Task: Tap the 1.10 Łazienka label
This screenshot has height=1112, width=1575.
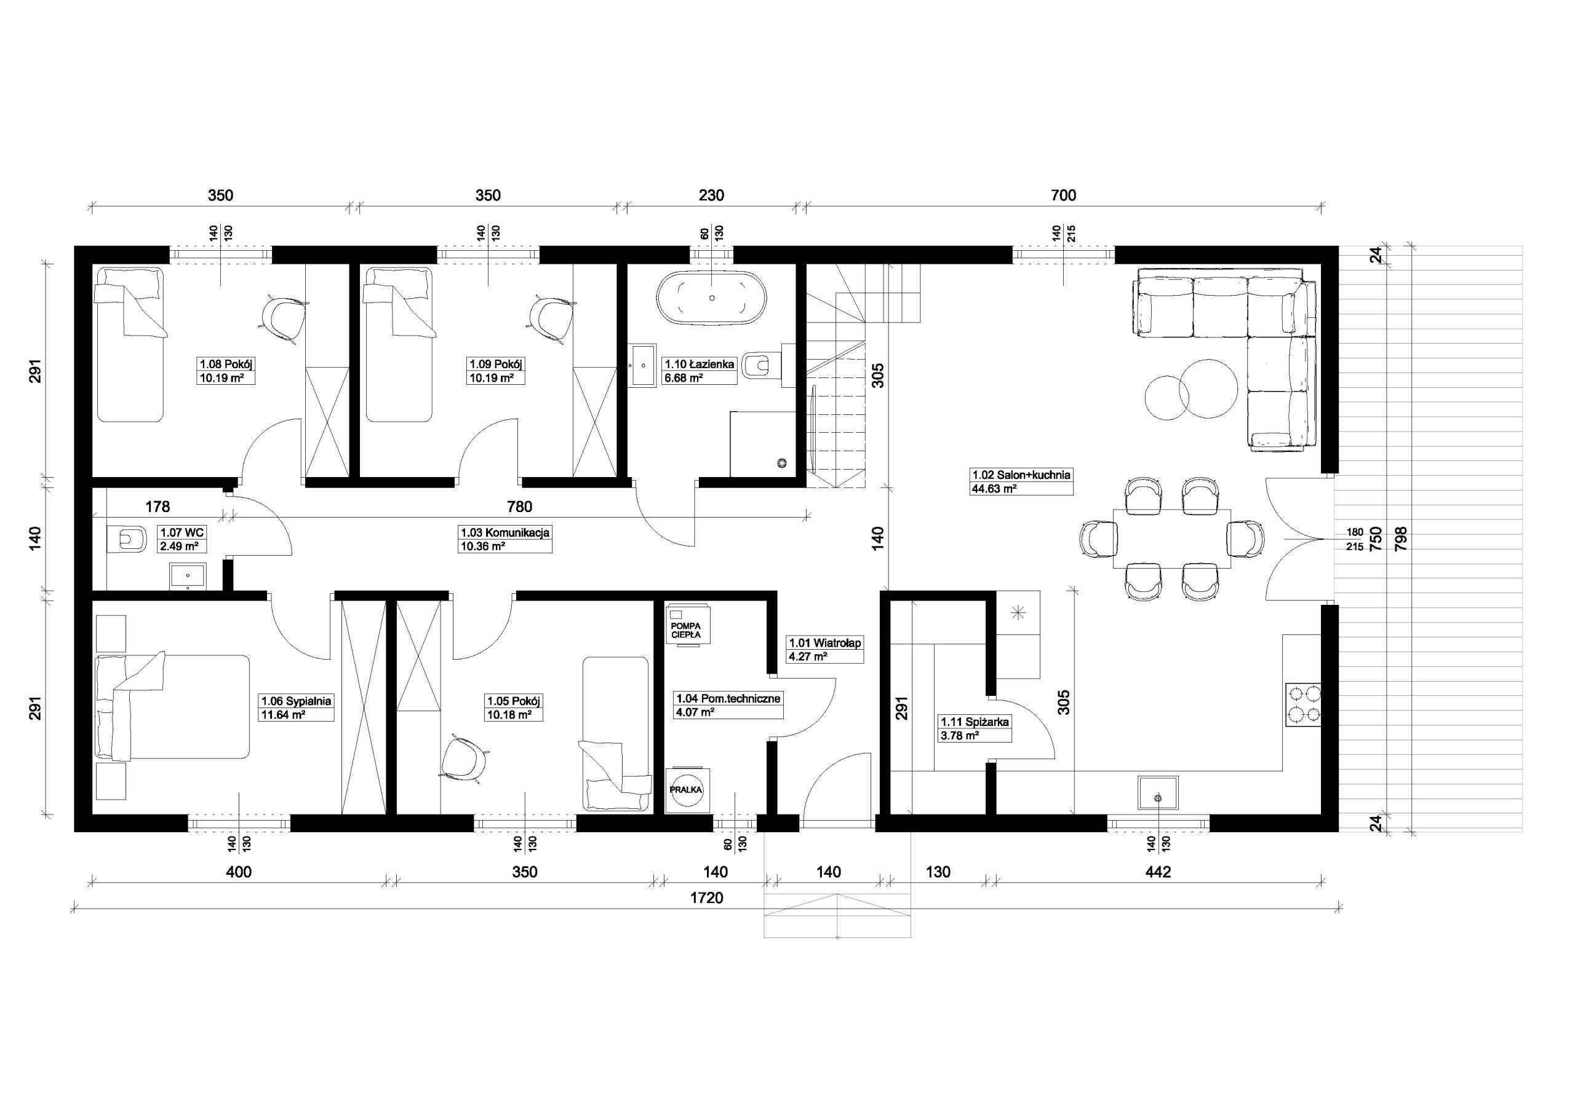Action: [x=699, y=365]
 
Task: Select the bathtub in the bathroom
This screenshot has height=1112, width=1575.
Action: [x=712, y=298]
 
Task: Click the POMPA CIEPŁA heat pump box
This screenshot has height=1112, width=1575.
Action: [x=687, y=624]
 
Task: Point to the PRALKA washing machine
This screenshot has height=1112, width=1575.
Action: [x=687, y=789]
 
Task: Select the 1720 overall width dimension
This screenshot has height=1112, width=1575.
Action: [x=706, y=897]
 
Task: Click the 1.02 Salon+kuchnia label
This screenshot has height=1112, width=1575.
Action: [x=1021, y=475]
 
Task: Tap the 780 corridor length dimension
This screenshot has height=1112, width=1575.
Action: [x=519, y=507]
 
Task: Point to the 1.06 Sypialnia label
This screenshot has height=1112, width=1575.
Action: [x=296, y=701]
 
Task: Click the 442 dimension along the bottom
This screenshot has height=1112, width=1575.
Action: [x=1158, y=872]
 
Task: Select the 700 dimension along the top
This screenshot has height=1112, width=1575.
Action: [x=1063, y=195]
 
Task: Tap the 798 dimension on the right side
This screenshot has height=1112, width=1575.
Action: [x=1400, y=540]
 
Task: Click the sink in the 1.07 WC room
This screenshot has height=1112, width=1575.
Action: [x=188, y=577]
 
